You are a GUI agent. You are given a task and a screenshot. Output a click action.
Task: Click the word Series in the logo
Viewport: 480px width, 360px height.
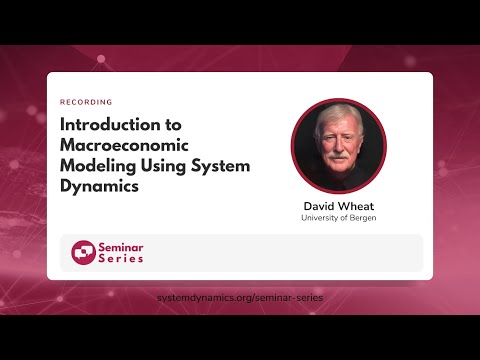point(120,259)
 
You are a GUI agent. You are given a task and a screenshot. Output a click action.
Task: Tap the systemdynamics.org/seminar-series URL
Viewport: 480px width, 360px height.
point(240,298)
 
